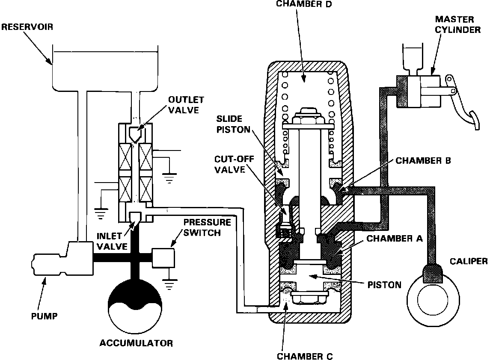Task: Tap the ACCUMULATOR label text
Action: (x=136, y=343)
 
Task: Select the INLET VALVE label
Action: (x=112, y=241)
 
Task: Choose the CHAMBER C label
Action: (x=305, y=356)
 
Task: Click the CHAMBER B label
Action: (x=423, y=161)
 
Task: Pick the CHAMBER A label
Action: (x=395, y=239)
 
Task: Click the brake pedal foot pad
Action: (x=475, y=119)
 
